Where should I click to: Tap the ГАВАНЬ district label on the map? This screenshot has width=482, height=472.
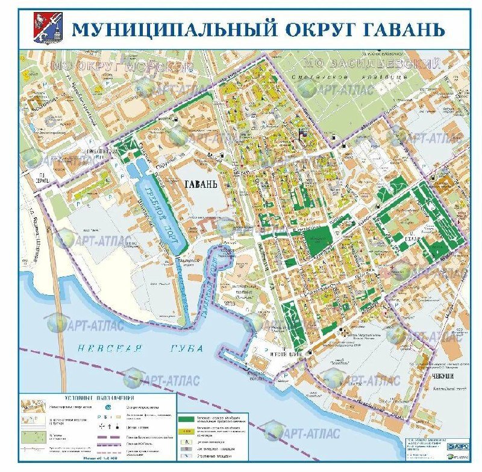(196, 185)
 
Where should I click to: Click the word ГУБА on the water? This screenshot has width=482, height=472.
(187, 349)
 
